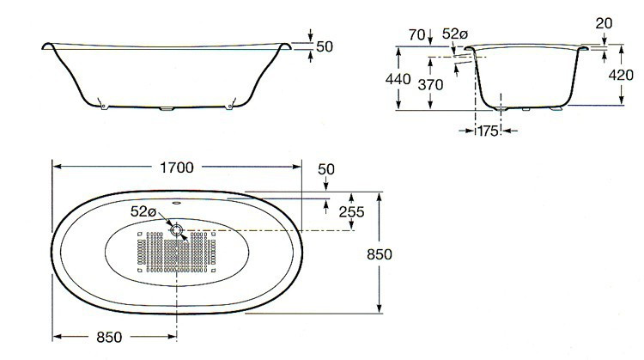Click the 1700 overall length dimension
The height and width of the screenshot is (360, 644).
tap(176, 166)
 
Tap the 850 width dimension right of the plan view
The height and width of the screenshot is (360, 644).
tap(380, 254)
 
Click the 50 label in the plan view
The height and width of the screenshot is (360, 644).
tap(326, 168)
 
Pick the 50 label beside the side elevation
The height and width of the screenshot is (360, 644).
tap(324, 46)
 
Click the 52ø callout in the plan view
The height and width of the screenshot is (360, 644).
tap(143, 211)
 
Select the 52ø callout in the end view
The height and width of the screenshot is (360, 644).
tap(454, 34)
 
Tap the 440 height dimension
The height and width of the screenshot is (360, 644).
tap(397, 78)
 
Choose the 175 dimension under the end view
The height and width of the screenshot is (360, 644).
tap(488, 131)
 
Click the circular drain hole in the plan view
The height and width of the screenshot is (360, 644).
tap(176, 230)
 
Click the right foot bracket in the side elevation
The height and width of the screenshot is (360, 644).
tap(229, 107)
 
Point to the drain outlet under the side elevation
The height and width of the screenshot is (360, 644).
tap(167, 110)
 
